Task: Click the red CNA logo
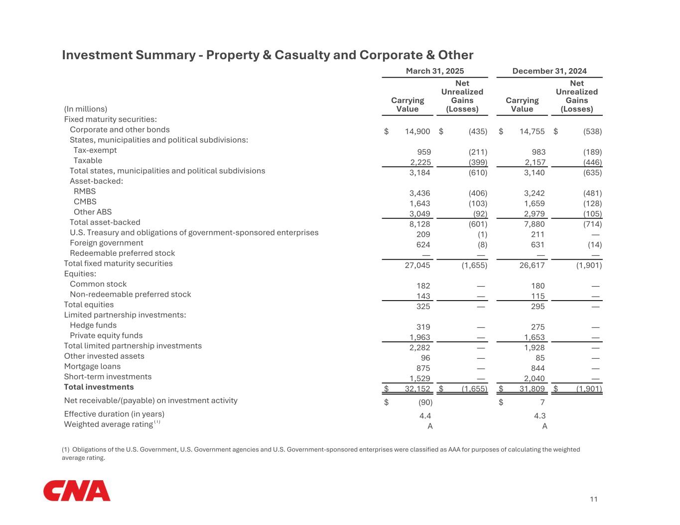point(77,491)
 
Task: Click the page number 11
point(593,500)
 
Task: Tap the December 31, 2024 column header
point(549,71)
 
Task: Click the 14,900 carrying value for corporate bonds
point(417,132)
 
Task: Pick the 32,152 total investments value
point(417,389)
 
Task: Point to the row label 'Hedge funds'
point(93,325)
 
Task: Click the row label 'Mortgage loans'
point(92,367)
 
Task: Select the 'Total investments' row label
point(99,387)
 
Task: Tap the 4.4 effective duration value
point(425,416)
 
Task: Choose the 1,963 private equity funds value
point(419,337)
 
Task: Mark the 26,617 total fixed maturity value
point(532,265)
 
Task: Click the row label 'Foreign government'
point(106,243)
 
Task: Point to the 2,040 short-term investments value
point(534,379)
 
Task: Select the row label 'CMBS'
point(85,202)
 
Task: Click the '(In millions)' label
point(86,109)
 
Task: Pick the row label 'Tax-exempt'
point(95,150)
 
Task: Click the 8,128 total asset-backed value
point(419,224)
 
